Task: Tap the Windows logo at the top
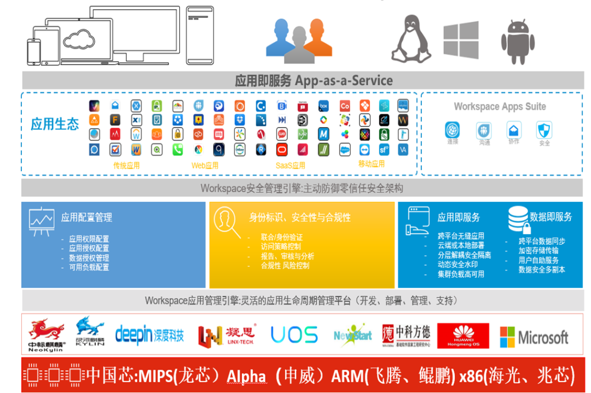[x=461, y=39]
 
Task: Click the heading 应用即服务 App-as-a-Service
[x=314, y=80]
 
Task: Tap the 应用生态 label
[x=55, y=124]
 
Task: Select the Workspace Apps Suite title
[x=500, y=107]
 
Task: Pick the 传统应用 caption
[x=126, y=165]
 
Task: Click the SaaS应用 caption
[x=290, y=165]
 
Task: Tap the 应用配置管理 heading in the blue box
[x=86, y=217]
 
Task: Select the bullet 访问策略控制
[x=281, y=246]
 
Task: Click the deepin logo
[x=149, y=334]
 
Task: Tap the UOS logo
[x=294, y=334]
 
